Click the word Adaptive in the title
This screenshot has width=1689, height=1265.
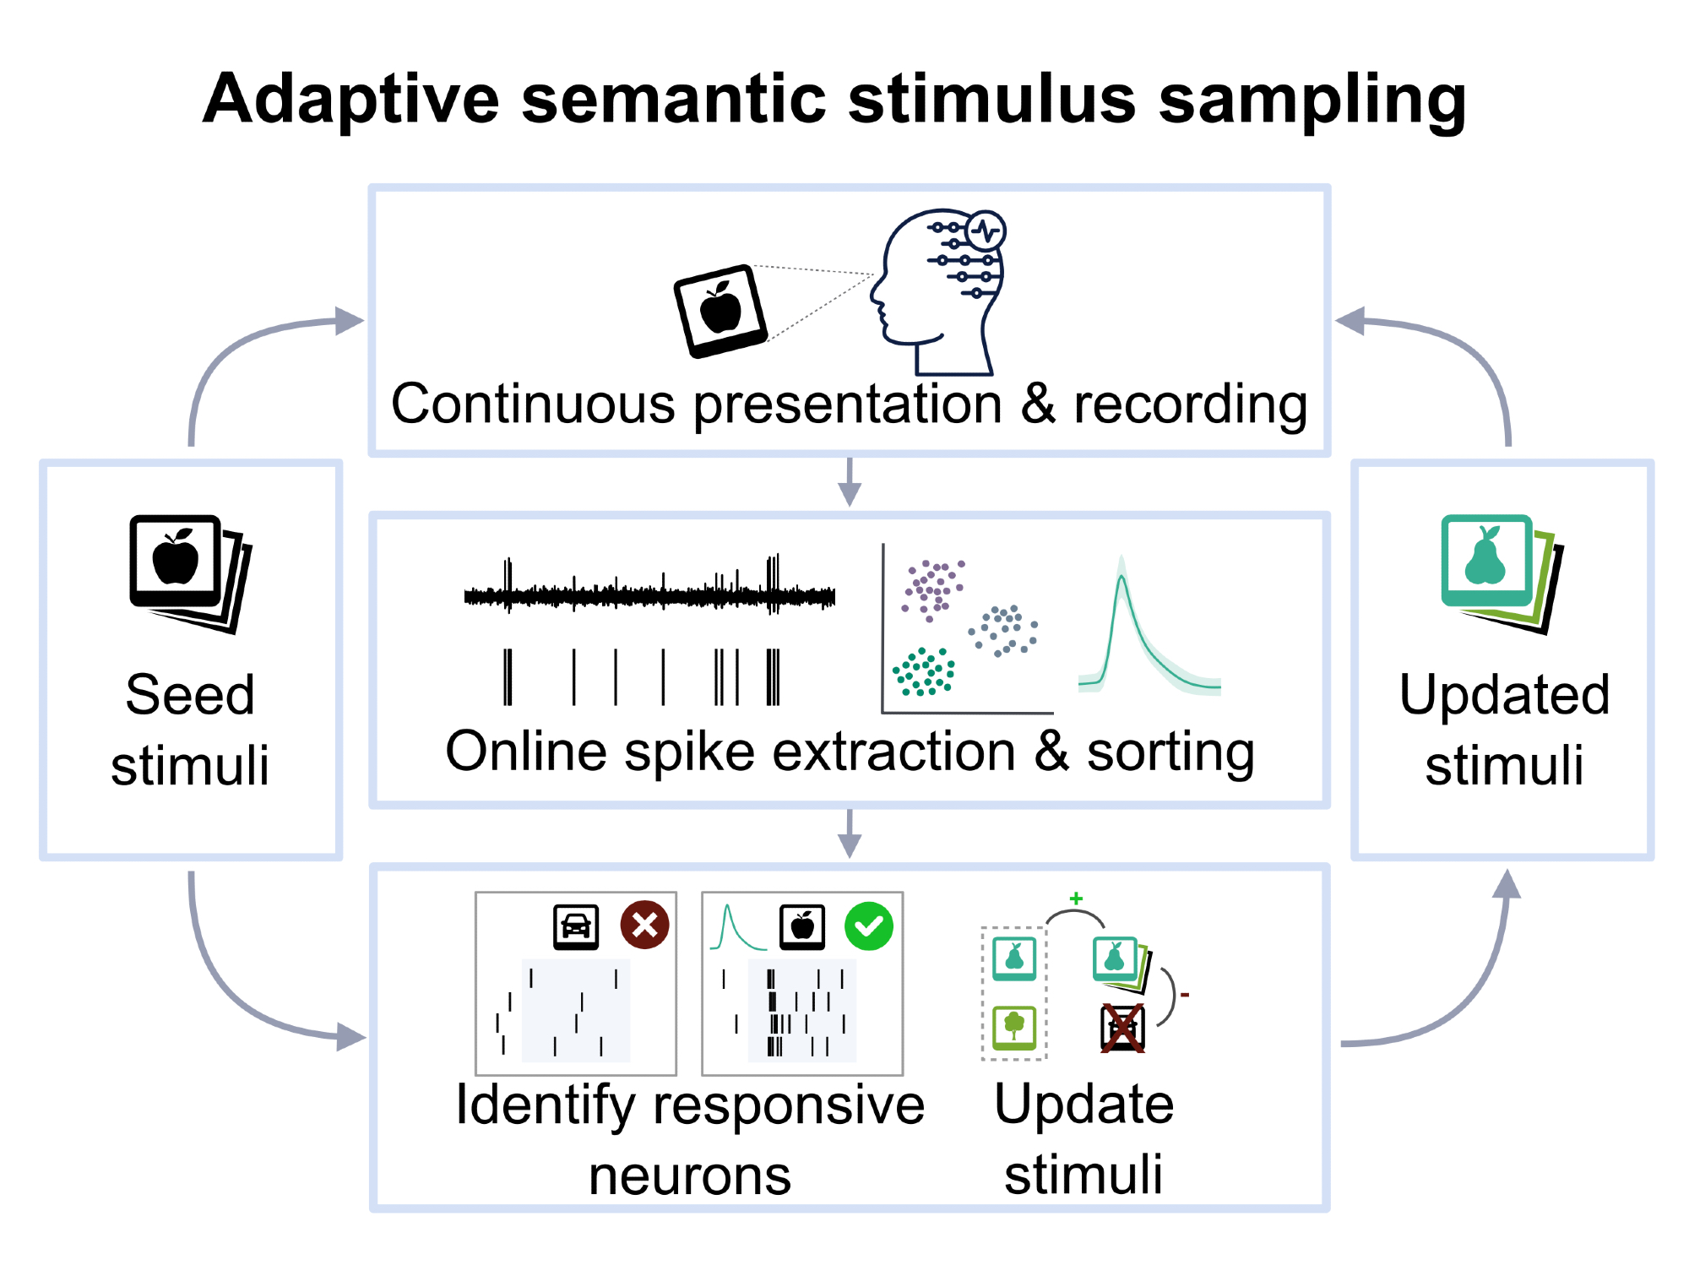[351, 100]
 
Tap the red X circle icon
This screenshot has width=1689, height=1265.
[645, 925]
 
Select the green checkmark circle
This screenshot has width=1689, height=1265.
[869, 926]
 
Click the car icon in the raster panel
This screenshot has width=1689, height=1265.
[576, 926]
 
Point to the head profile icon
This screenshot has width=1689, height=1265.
[937, 291]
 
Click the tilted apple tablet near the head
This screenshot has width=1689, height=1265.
[720, 311]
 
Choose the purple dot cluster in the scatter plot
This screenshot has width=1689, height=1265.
[932, 589]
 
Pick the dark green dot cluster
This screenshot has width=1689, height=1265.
[924, 672]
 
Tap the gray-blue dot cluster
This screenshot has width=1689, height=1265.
[1003, 630]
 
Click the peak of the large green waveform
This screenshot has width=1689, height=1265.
[1121, 576]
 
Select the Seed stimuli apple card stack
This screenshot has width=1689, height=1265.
[191, 573]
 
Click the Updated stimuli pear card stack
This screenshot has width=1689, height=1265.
[1502, 573]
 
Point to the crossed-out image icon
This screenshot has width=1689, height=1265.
[1122, 1028]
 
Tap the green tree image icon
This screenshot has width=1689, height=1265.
[1014, 1028]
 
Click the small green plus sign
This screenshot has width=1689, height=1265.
[1076, 899]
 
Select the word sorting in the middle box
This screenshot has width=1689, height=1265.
[1170, 752]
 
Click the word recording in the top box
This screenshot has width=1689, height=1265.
[1191, 405]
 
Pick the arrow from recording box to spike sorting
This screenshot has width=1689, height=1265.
[850, 482]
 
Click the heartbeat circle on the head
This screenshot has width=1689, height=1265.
[986, 231]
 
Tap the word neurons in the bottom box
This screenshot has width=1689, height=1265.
[690, 1176]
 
